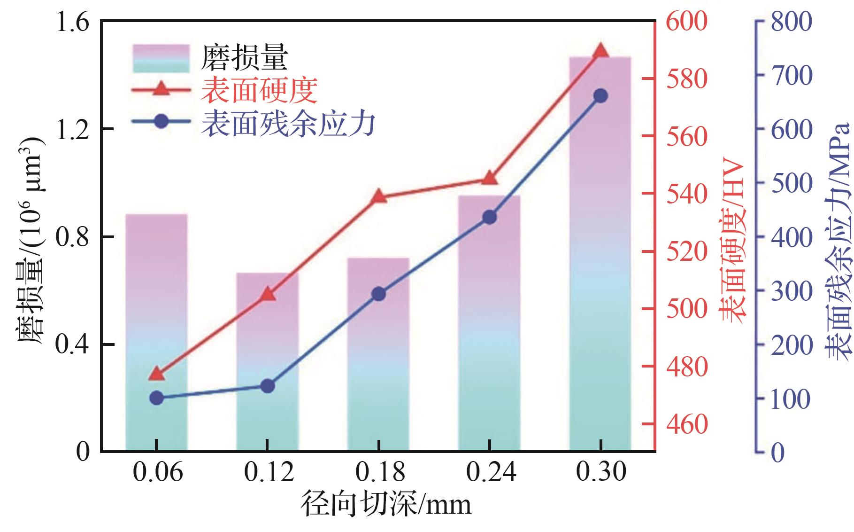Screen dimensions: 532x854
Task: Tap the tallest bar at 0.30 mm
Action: click(x=600, y=254)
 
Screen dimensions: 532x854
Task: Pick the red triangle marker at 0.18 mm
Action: click(x=378, y=196)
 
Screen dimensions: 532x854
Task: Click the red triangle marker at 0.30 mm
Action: click(x=600, y=51)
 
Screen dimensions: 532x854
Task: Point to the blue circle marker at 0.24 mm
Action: click(x=489, y=217)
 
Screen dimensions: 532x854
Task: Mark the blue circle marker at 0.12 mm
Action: click(x=267, y=386)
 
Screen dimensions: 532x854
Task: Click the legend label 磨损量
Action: click(x=244, y=58)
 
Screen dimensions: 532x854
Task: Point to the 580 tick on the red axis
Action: click(x=686, y=78)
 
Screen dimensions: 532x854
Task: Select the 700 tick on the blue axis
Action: click(x=791, y=76)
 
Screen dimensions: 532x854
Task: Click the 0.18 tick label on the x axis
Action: click(x=379, y=472)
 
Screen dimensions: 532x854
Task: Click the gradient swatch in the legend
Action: click(x=161, y=59)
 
